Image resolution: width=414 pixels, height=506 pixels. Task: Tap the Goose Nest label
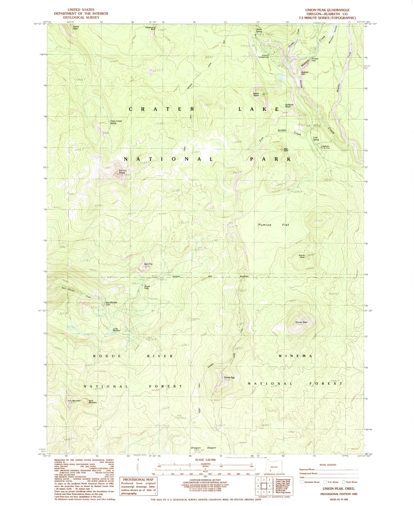click(301, 322)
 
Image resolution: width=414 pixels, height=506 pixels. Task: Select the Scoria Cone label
click(302, 256)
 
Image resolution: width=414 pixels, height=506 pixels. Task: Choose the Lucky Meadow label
click(116, 330)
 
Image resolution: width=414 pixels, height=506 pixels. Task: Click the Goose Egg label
click(229, 377)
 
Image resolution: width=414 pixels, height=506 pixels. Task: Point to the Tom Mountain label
click(74, 401)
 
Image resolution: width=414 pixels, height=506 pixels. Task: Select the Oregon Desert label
click(203, 448)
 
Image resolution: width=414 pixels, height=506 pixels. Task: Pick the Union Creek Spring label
click(116, 122)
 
